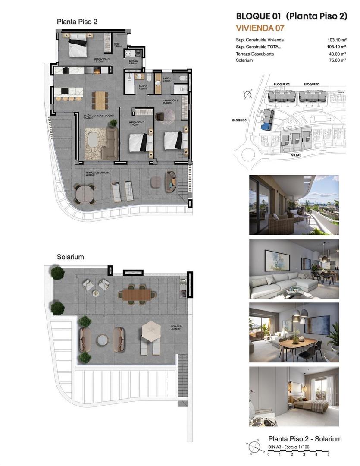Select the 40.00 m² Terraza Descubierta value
point(337,54)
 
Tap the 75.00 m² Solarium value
point(337,60)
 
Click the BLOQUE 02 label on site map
point(282,84)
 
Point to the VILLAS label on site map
point(296,154)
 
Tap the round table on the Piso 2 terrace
point(85,194)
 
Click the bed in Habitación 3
point(78,46)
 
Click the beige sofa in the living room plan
point(112,143)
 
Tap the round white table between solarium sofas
point(102,340)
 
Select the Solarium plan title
point(70,257)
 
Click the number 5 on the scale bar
point(328,454)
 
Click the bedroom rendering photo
point(294,397)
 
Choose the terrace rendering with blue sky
point(294,205)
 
